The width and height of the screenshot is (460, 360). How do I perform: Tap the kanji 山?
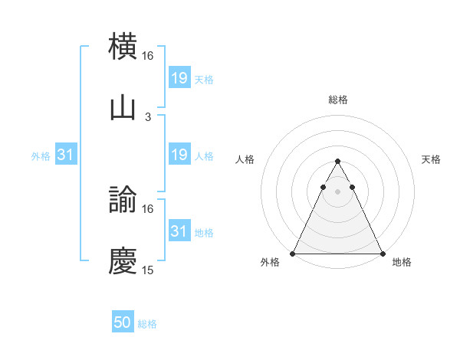tap(123, 107)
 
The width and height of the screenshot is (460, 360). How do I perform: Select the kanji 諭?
tap(123, 201)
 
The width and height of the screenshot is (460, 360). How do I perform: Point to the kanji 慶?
tap(123, 261)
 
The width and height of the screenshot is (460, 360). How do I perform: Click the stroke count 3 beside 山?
tap(148, 116)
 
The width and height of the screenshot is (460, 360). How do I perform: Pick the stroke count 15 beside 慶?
tap(148, 270)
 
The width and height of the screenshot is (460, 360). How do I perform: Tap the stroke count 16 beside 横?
tap(148, 57)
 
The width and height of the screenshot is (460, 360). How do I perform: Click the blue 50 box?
tap(123, 323)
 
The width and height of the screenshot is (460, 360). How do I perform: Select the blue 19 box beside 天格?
tap(179, 77)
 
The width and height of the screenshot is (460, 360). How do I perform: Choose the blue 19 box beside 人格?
tap(179, 155)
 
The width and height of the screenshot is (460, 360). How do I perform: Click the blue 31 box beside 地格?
tap(179, 231)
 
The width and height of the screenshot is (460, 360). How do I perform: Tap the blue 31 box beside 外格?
tap(66, 155)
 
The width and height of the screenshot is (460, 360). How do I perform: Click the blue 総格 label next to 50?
tap(148, 324)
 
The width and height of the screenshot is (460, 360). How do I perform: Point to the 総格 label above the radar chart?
tap(338, 100)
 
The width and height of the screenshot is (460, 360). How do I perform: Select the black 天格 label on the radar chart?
tap(432, 159)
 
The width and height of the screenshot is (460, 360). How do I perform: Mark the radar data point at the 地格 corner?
tap(382, 253)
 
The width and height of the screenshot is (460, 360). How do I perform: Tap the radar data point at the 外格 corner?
tap(293, 253)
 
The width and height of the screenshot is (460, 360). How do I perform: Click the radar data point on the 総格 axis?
tap(337, 162)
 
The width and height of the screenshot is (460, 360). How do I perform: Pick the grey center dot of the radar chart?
tap(337, 192)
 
